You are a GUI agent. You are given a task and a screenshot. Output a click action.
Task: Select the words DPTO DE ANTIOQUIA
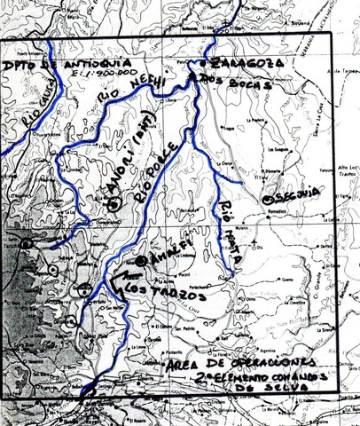point(45,66)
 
